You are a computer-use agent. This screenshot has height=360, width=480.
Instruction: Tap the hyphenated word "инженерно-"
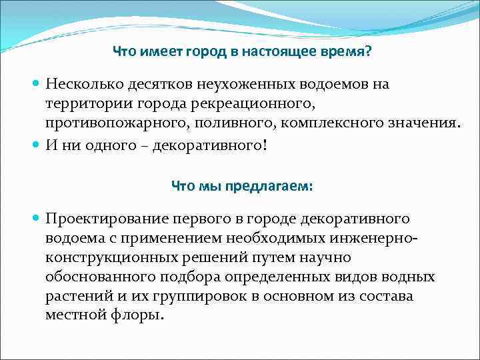pyautogui.click(x=375, y=238)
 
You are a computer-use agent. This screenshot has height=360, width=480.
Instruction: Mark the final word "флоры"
pyautogui.click(x=139, y=313)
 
